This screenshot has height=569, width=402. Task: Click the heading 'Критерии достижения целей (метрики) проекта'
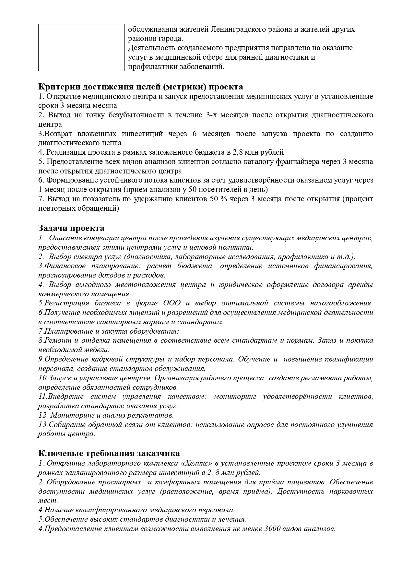coord(140,87)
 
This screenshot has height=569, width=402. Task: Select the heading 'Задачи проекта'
coord(71,228)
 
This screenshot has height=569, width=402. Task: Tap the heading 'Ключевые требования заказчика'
coord(109,453)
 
